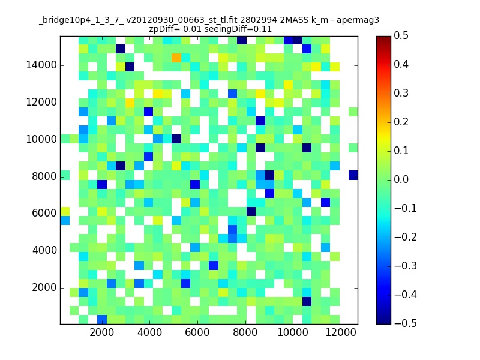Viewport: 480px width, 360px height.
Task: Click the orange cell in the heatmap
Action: click(176, 58)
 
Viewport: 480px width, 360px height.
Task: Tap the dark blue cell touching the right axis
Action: click(353, 175)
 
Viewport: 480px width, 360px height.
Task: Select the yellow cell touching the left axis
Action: click(65, 212)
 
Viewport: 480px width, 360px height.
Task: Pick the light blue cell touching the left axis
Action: click(65, 220)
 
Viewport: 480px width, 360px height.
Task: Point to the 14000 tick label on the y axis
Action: click(41, 65)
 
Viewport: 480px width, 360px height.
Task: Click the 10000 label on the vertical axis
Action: click(41, 140)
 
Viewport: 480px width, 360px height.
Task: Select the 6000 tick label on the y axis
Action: click(44, 214)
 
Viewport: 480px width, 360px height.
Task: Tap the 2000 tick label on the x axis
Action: click(101, 332)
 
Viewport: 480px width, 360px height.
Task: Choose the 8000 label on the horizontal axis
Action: click(245, 332)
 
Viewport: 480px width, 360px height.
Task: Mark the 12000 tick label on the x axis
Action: click(340, 332)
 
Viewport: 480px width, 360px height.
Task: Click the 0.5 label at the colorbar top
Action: click(401, 35)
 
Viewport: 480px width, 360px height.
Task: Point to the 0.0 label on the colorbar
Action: click(401, 179)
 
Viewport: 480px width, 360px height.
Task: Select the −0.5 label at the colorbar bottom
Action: click(406, 323)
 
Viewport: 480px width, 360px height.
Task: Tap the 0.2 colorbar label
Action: click(401, 122)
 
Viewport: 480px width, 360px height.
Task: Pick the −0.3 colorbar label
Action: click(406, 266)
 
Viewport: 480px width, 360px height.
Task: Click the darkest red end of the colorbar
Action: click(383, 37)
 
